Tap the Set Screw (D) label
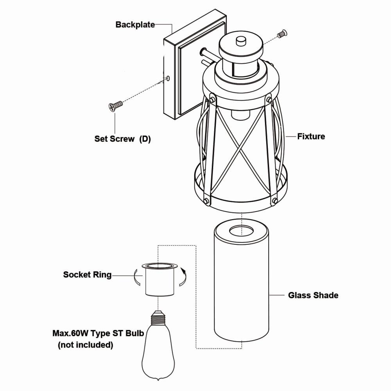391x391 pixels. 122,139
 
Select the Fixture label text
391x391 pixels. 311,136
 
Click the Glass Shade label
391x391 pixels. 313,295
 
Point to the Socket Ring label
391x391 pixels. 87,275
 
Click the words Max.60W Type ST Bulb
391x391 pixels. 98,334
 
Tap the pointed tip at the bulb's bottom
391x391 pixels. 158,381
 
